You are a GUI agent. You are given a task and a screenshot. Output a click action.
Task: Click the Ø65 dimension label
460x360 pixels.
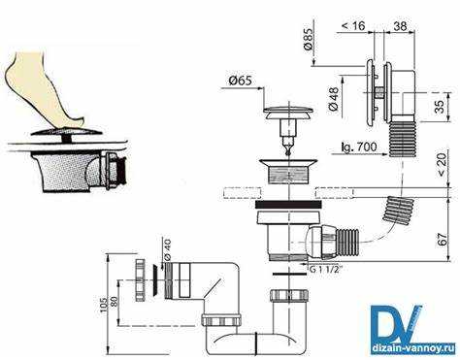pos(240,81)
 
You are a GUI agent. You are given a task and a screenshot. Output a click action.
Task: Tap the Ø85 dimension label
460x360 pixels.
pos(309,39)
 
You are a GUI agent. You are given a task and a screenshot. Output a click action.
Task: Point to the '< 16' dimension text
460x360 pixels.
pos(353,25)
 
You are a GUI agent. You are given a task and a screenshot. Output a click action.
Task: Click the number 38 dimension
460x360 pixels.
pos(400,26)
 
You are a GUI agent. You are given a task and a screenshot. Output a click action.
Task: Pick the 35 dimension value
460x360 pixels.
pos(440,106)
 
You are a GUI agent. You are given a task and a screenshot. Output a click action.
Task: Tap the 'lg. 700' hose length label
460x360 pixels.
pos(359,147)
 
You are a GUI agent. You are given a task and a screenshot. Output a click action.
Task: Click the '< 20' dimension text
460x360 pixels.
pos(442,164)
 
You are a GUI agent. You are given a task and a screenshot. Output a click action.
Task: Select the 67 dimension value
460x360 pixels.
pos(443,239)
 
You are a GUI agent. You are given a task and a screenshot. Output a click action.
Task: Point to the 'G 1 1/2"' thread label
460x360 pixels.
pos(325,270)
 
